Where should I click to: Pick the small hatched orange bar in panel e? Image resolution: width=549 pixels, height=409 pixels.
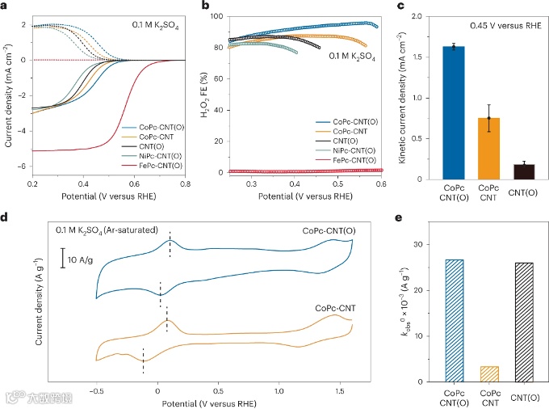488,373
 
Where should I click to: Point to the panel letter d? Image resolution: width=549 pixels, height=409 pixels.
6,217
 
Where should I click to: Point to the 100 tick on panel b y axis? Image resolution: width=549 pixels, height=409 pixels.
214,14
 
